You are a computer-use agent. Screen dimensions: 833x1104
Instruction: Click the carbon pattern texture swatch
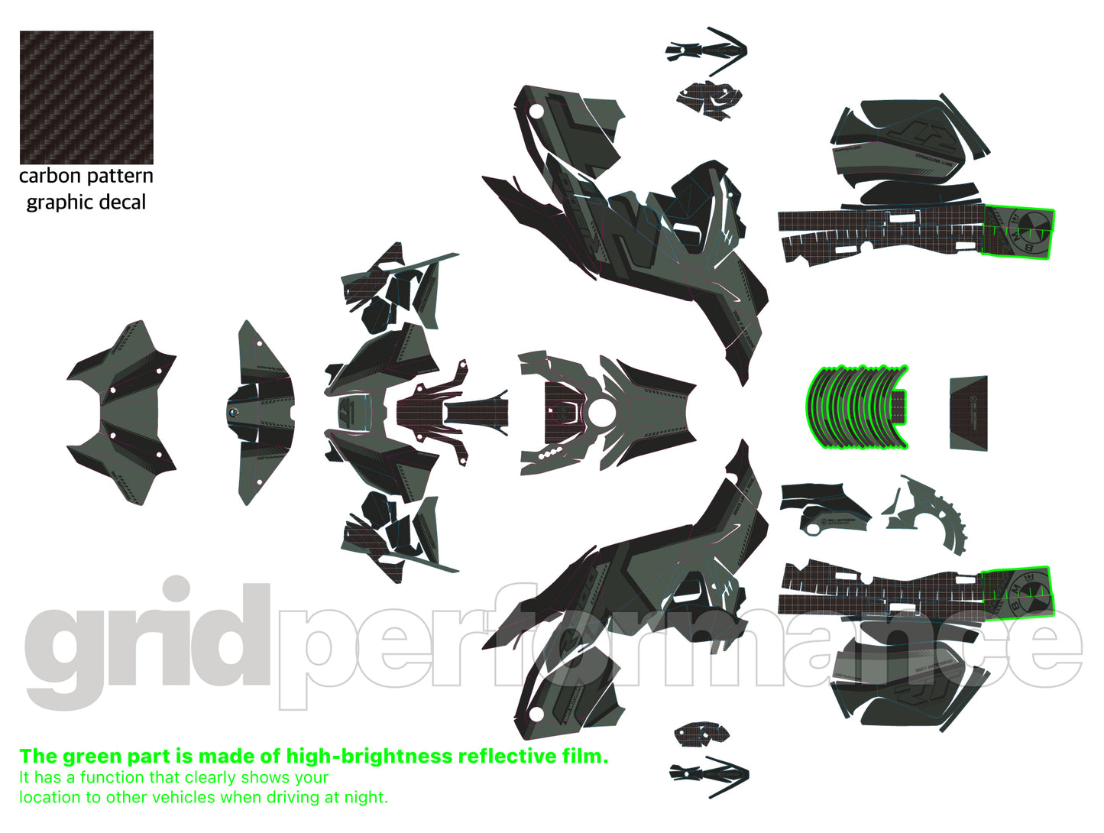pyautogui.click(x=86, y=97)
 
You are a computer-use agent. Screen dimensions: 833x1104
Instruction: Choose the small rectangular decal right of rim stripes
pyautogui.click(x=968, y=413)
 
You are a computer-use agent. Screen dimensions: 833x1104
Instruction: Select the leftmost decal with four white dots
pyautogui.click(x=122, y=413)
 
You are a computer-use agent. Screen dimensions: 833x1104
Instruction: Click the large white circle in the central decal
pyautogui.click(x=601, y=413)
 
